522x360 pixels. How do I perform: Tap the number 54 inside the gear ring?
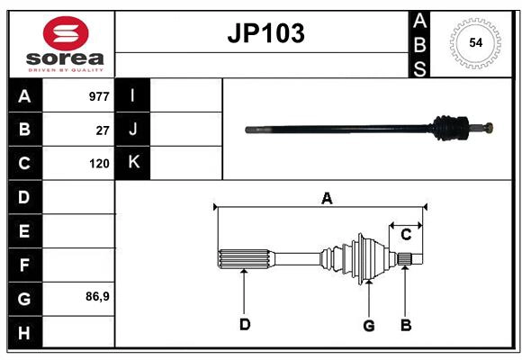473,42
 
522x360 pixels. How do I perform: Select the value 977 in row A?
98,96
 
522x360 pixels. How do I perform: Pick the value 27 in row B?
103,130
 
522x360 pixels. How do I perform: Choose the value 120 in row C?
99,164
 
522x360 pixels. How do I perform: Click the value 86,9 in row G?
97,296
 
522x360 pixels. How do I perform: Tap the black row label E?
24,231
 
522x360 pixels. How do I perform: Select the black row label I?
133,96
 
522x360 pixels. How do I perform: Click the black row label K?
133,163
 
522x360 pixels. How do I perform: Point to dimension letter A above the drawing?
327,199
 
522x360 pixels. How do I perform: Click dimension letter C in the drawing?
406,234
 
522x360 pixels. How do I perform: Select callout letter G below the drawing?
368,326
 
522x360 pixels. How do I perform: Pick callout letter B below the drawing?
406,325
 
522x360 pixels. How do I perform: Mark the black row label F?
24,265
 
